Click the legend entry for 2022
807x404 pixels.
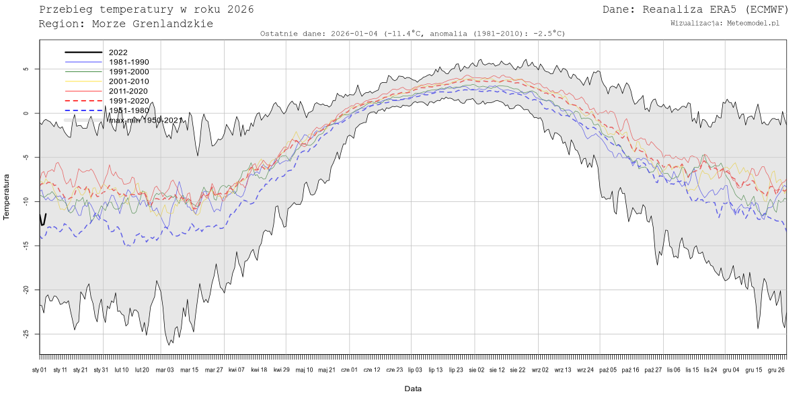[118, 52]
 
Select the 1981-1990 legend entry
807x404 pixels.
[128, 62]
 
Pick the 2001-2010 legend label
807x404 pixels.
[128, 81]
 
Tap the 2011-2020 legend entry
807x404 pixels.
[128, 91]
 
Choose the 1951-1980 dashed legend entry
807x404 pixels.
[128, 110]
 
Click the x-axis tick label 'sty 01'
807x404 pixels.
[40, 370]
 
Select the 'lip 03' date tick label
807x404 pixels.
[415, 370]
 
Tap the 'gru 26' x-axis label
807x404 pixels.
[776, 370]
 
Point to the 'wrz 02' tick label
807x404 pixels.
[540, 370]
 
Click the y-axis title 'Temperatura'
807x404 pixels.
[7, 197]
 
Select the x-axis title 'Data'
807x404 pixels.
[413, 389]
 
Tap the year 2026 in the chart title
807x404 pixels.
[239, 9]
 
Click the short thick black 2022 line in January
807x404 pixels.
[43, 220]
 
